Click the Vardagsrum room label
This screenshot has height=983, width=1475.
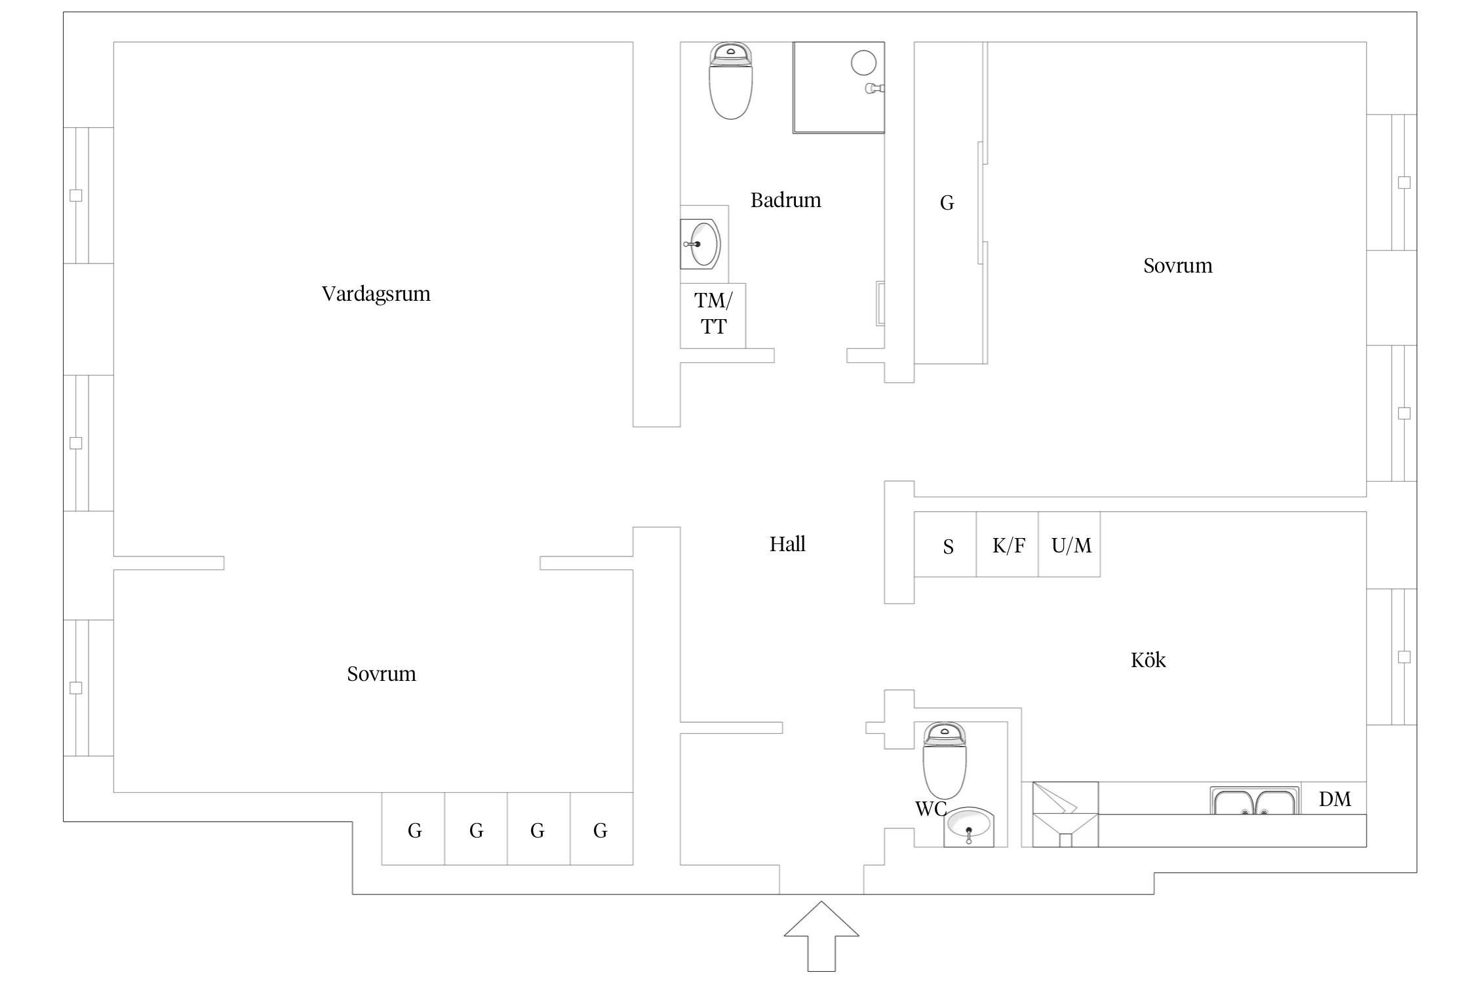[376, 294]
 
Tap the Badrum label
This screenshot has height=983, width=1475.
[785, 200]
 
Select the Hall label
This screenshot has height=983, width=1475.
[787, 544]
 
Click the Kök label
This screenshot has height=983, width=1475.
[1148, 660]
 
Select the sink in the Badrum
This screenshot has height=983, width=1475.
[701, 244]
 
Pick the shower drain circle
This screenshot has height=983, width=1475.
[863, 63]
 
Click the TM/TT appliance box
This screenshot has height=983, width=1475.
[713, 315]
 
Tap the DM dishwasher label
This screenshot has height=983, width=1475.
[1335, 799]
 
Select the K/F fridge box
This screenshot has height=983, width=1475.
[1008, 545]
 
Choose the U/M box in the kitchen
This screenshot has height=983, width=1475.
[1070, 545]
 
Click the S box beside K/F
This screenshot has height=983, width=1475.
[947, 545]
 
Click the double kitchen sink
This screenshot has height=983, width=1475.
[1254, 801]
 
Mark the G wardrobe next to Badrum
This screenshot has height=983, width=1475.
[947, 203]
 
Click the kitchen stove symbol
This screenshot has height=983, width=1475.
[1065, 814]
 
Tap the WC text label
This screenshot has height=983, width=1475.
[930, 809]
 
